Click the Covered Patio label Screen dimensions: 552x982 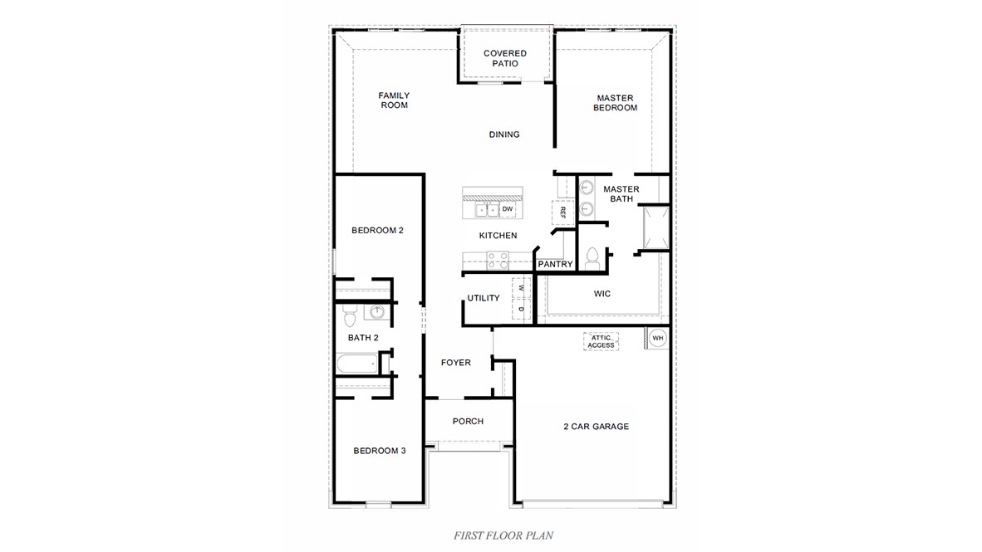tap(504, 58)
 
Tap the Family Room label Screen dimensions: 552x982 tap(394, 100)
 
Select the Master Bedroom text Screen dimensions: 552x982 tap(615, 103)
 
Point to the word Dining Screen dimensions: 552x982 tap(504, 134)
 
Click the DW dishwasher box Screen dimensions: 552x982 tap(507, 208)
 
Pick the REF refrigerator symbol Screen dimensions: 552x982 tap(563, 212)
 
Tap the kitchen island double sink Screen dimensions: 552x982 tap(486, 210)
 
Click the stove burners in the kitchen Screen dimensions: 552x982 tap(498, 261)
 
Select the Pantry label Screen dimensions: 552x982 tap(555, 265)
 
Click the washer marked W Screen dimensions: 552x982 tap(521, 288)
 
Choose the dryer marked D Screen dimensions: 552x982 tap(521, 310)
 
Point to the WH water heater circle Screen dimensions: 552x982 tap(657, 338)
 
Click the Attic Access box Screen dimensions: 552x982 tap(601, 341)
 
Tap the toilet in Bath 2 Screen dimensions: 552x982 tap(350, 316)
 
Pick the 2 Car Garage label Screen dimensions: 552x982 tap(596, 427)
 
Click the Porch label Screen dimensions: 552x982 tap(468, 422)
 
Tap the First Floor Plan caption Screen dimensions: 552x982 tap(503, 535)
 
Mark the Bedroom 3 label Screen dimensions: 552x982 tap(379, 451)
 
